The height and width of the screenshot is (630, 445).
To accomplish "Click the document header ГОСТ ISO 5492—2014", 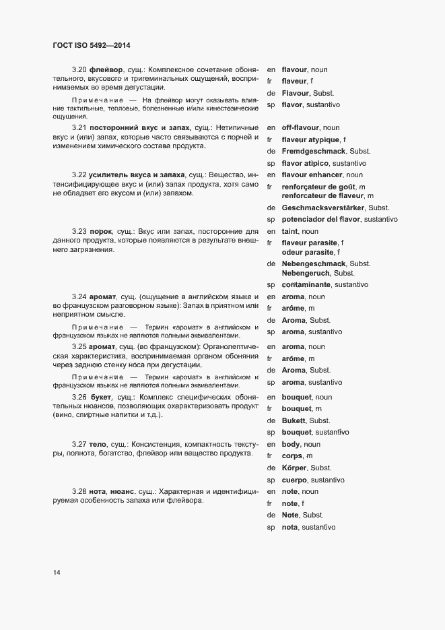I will pos(91,45).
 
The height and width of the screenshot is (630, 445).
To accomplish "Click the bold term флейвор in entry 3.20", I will pos(106,69).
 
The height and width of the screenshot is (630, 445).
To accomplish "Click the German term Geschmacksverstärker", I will pos(324,208).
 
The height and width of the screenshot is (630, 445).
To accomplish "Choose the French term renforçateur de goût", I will pos(319,187).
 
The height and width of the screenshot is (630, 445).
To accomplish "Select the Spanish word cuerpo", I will pos(296,480).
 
